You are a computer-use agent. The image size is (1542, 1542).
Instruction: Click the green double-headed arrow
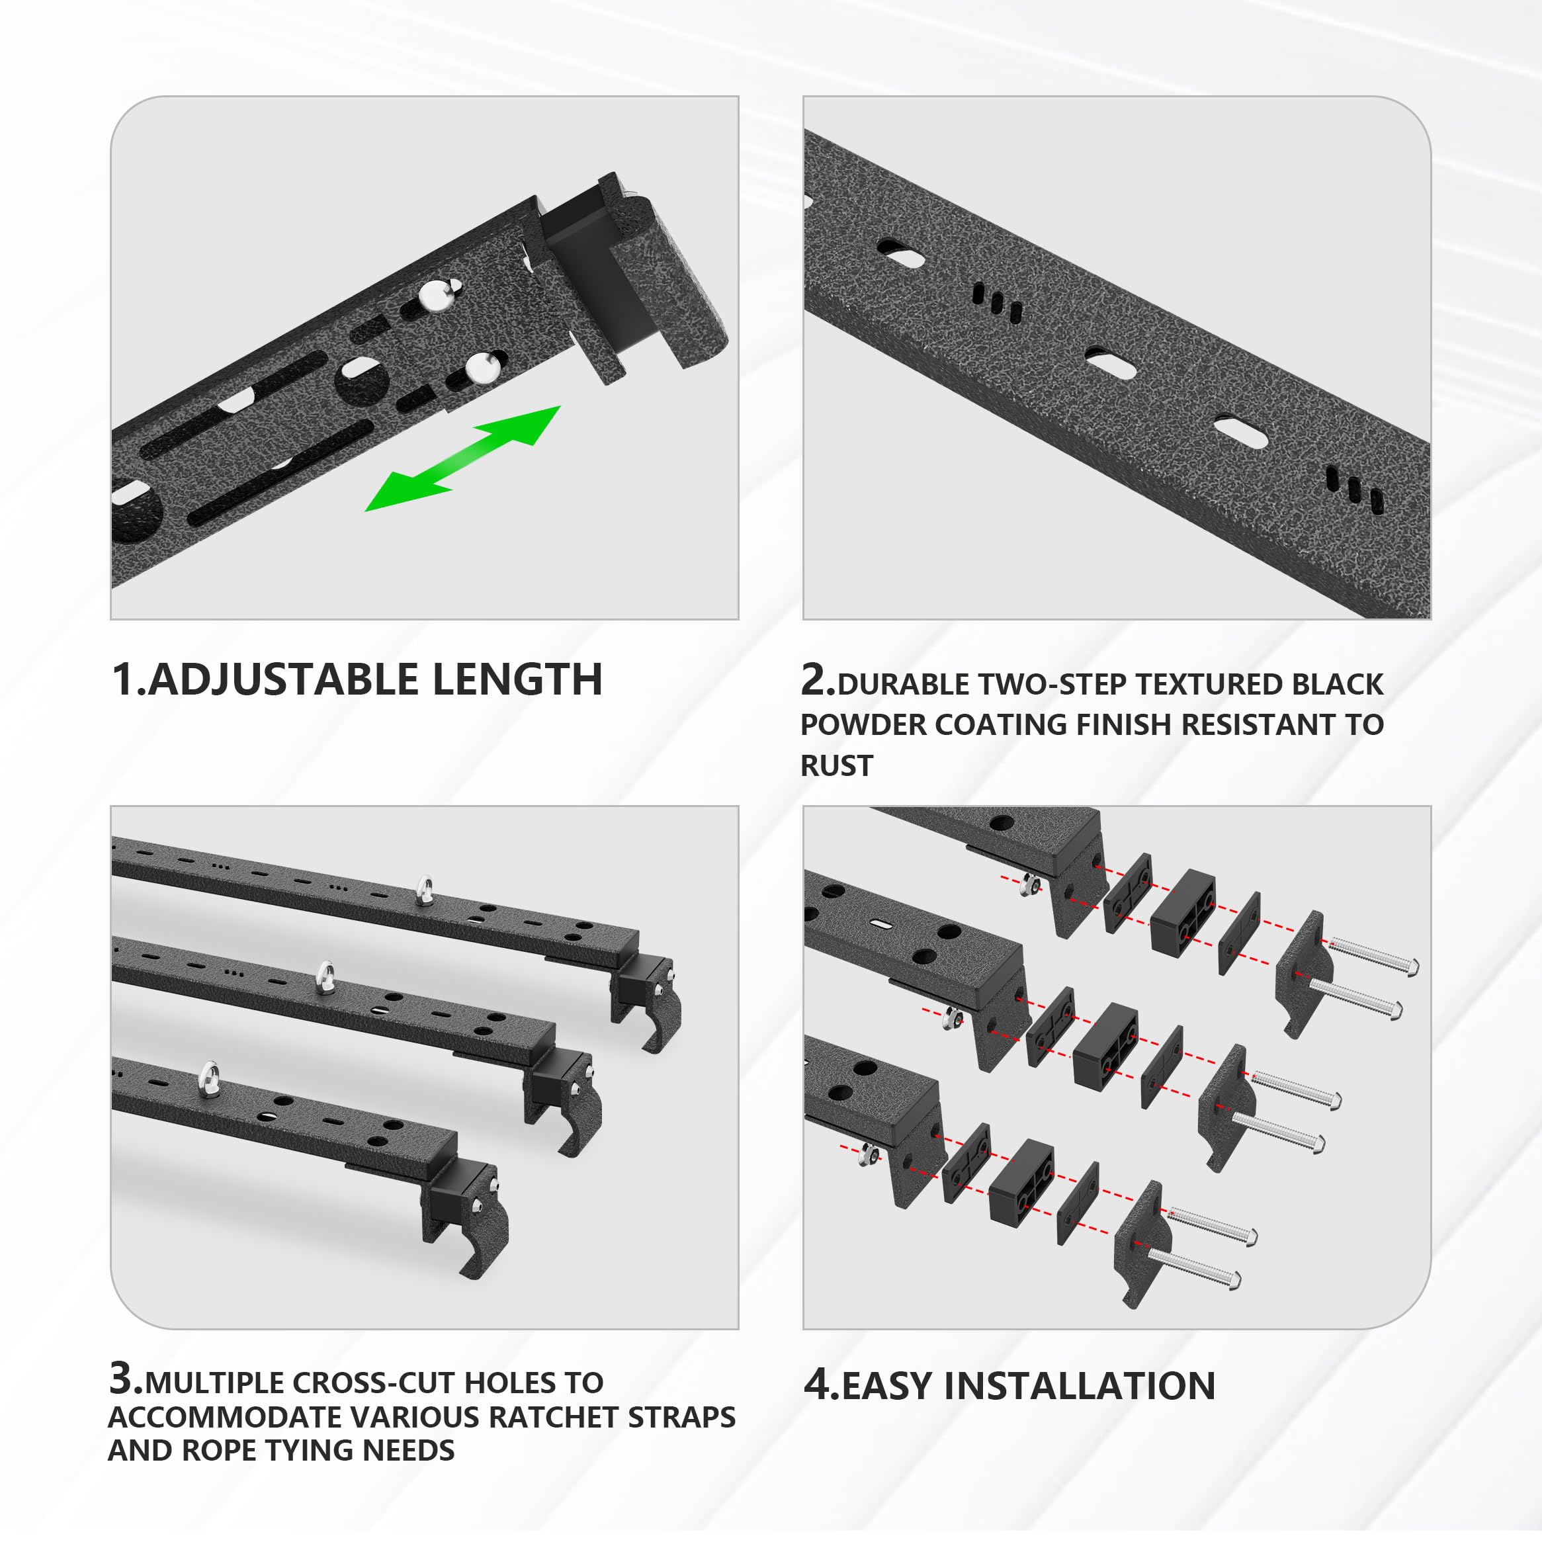[463, 459]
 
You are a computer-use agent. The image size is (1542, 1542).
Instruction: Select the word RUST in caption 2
[836, 766]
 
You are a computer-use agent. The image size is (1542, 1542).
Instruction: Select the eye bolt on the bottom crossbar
[210, 1078]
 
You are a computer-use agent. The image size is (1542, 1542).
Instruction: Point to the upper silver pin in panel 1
[438, 294]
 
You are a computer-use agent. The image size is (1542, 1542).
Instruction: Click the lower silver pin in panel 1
[482, 367]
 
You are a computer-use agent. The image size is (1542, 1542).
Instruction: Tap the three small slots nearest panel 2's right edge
[1353, 488]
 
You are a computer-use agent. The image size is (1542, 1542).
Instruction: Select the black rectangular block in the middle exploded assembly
[1105, 1047]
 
